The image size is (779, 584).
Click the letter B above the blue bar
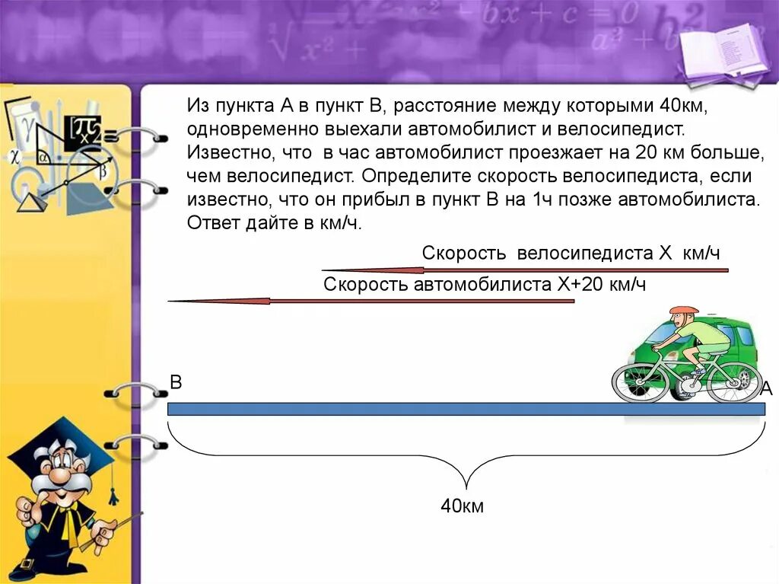pos(176,382)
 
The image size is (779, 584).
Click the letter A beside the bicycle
pos(767,388)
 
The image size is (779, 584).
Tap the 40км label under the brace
pos(462,506)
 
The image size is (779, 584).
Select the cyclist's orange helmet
pos(684,311)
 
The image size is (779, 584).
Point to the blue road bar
pos(466,409)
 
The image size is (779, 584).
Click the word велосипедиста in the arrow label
pos(585,254)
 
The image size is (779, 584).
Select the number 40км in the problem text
pos(683,106)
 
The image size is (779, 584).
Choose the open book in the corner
pos(723,49)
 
